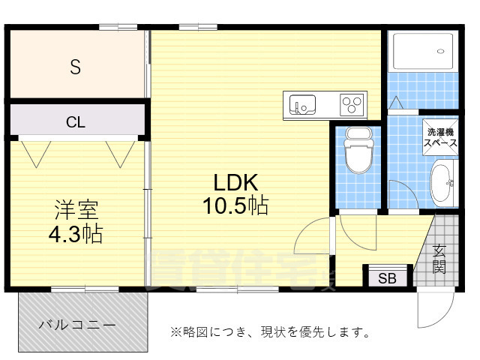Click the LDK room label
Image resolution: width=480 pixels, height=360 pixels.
point(236,182)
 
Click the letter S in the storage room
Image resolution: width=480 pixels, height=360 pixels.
point(75,67)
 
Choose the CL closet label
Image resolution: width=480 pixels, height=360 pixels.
point(75,121)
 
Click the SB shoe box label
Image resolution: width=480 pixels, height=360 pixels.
point(387,279)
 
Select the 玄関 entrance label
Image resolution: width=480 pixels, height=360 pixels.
point(439,259)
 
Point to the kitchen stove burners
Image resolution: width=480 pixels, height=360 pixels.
point(352,103)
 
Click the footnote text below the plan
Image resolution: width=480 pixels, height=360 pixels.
point(269,331)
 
